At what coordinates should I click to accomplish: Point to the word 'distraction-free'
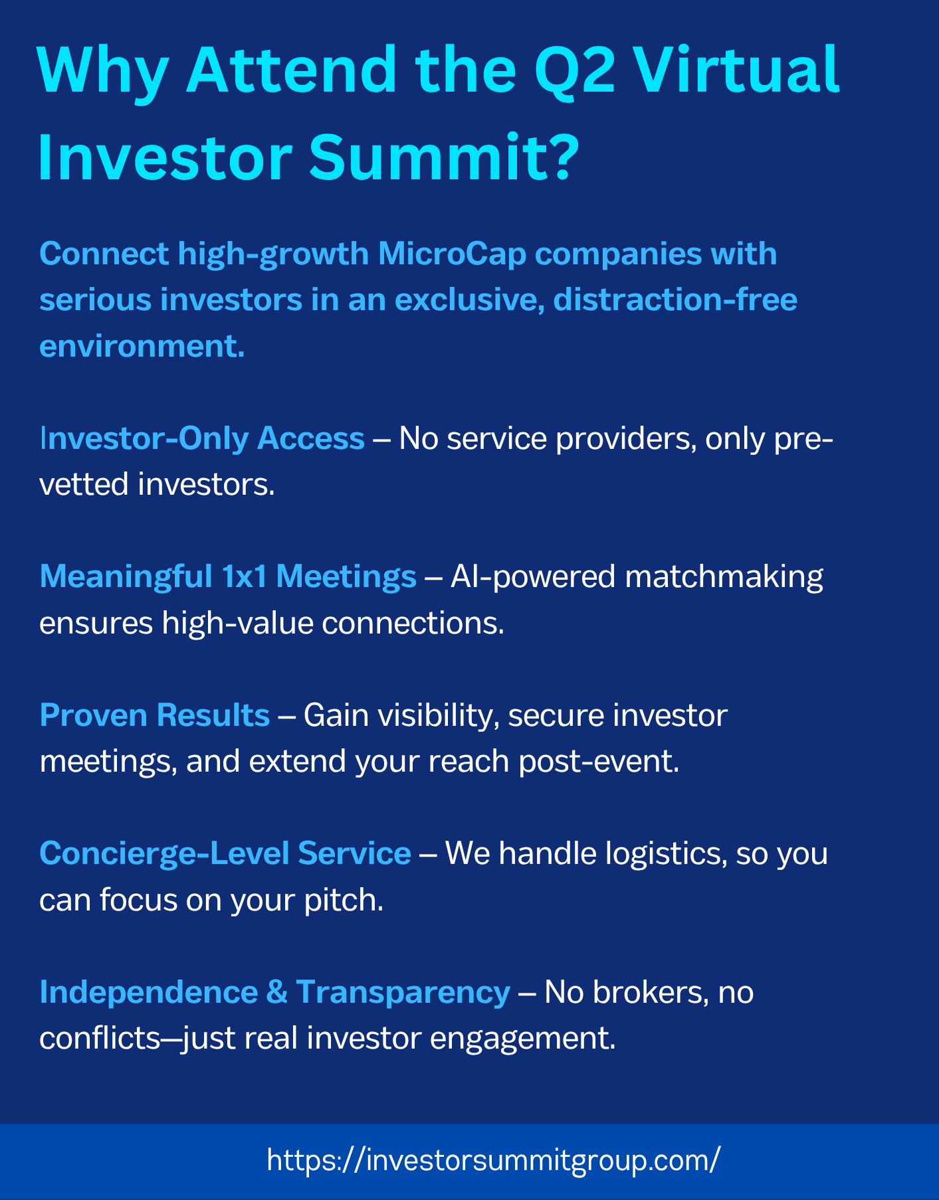click(x=675, y=300)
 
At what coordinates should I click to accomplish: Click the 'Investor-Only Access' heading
click(x=202, y=439)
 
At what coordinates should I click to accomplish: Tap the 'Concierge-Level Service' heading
click(x=225, y=853)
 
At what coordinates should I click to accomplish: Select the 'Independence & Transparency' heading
click(x=275, y=992)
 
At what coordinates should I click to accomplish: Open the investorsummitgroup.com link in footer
click(x=493, y=1161)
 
